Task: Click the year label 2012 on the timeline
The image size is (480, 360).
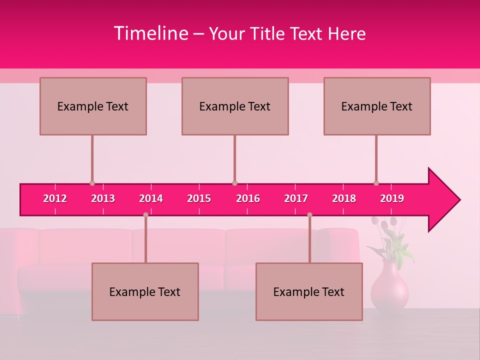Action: (x=55, y=198)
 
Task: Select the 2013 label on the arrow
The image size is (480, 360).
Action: (x=103, y=198)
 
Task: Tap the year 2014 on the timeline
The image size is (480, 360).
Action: (x=151, y=198)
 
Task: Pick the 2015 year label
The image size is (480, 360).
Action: (x=199, y=198)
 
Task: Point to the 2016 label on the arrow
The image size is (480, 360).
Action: (x=248, y=198)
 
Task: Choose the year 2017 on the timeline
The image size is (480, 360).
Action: (x=296, y=198)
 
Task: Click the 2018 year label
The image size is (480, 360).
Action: (x=344, y=198)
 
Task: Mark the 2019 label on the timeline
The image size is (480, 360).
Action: (x=392, y=198)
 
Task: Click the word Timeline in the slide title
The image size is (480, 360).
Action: (x=151, y=33)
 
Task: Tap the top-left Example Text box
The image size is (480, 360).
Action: (x=93, y=106)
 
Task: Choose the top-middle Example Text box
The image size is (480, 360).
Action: (x=235, y=106)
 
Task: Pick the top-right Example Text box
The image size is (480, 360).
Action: (x=377, y=106)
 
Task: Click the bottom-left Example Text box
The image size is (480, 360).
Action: (x=145, y=291)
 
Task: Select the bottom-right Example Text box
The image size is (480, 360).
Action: (x=309, y=291)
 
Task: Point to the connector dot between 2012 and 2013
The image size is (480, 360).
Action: (x=92, y=183)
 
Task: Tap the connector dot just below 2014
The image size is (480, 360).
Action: (x=145, y=214)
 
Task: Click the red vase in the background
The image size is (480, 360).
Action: (x=389, y=287)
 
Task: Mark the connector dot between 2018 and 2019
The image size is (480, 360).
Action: (x=376, y=183)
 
